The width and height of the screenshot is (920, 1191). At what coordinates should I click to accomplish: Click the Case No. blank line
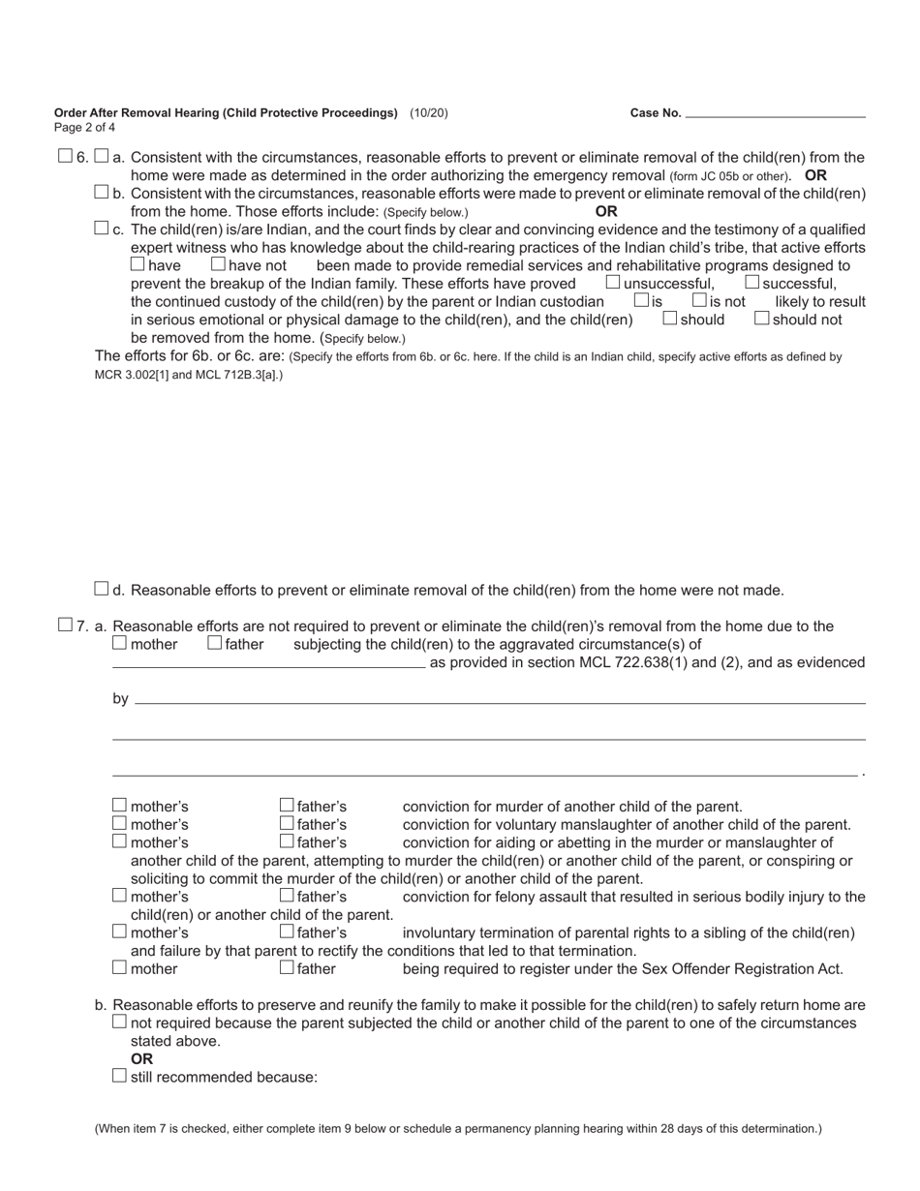pyautogui.click(x=775, y=113)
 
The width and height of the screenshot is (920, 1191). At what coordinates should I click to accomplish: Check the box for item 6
pyautogui.click(x=65, y=156)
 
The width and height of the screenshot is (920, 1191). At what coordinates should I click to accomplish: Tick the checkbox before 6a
pyautogui.click(x=102, y=156)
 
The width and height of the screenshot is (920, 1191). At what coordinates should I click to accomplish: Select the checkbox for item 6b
pyautogui.click(x=102, y=192)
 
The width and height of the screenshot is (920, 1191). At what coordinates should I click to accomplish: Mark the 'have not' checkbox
pyautogui.click(x=218, y=263)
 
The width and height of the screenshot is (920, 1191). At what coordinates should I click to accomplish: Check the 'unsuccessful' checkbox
pyautogui.click(x=613, y=282)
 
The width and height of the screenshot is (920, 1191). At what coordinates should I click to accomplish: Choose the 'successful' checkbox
pyautogui.click(x=751, y=282)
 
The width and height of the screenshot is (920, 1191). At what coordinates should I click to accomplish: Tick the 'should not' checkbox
pyautogui.click(x=761, y=318)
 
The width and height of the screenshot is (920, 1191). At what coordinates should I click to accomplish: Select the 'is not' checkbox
pyautogui.click(x=699, y=300)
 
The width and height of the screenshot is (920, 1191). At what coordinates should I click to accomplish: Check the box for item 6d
pyautogui.click(x=102, y=589)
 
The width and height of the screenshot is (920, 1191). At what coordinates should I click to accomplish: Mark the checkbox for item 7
pyautogui.click(x=65, y=625)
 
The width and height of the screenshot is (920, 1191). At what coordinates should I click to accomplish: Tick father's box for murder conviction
pyautogui.click(x=287, y=805)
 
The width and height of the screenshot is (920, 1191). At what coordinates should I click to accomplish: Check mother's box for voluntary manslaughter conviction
pyautogui.click(x=119, y=823)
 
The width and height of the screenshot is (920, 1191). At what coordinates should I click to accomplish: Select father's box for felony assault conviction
pyautogui.click(x=287, y=896)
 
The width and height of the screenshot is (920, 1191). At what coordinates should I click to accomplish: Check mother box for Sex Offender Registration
pyautogui.click(x=119, y=967)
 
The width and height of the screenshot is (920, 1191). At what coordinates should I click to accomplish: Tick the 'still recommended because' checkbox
pyautogui.click(x=119, y=1076)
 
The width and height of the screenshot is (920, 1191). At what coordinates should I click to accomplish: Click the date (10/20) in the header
pyautogui.click(x=429, y=113)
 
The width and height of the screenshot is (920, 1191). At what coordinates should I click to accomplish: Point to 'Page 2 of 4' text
pyautogui.click(x=85, y=128)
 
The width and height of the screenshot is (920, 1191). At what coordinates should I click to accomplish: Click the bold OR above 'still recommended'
pyautogui.click(x=141, y=1059)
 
